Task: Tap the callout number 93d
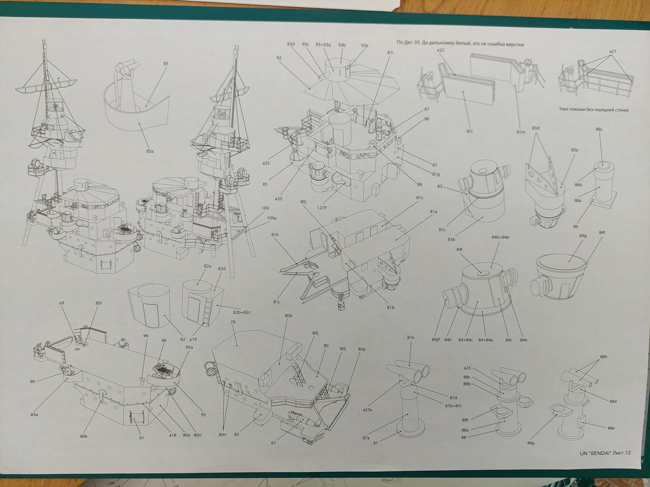(x=291, y=44)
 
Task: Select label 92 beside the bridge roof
(x=279, y=58)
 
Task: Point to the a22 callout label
(x=441, y=50)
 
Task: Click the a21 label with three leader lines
(x=612, y=51)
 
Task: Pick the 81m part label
(x=521, y=132)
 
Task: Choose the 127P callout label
(x=322, y=208)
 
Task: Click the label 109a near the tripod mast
(x=272, y=218)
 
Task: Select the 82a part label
(x=207, y=266)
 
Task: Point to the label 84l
(x=459, y=249)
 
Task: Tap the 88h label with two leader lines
(x=604, y=357)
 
